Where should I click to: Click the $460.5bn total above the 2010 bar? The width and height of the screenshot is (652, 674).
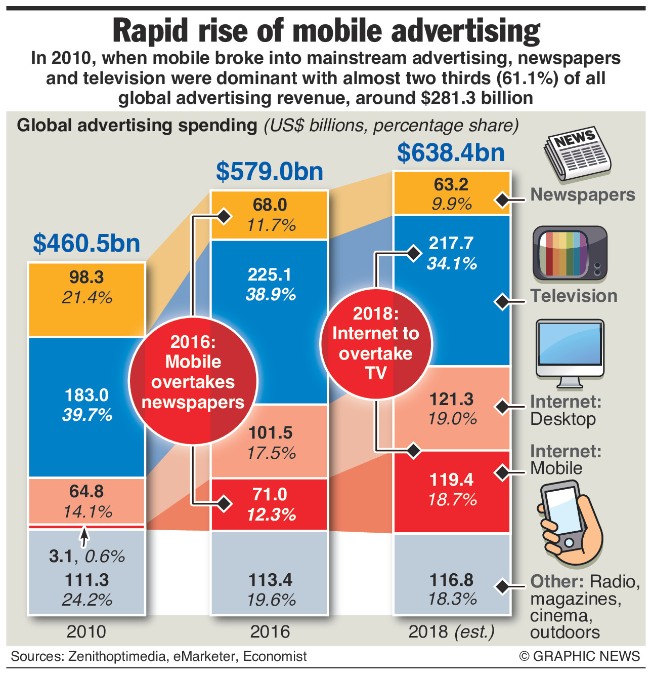[86, 244]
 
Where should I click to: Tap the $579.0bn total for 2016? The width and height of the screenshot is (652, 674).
[270, 171]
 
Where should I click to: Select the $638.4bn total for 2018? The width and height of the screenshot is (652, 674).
[451, 152]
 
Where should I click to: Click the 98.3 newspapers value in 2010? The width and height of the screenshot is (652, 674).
[86, 277]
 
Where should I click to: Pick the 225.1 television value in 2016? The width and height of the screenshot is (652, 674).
[270, 274]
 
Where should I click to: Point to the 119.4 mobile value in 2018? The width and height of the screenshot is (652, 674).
[451, 479]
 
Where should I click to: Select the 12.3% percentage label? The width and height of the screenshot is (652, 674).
[271, 515]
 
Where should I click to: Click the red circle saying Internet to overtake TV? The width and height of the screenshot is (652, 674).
[376, 343]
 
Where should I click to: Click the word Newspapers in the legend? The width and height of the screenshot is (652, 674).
[582, 195]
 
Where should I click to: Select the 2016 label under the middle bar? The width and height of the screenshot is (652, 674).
[270, 631]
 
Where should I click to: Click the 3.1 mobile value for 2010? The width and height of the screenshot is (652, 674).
[61, 557]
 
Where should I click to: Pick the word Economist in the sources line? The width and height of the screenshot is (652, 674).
[275, 657]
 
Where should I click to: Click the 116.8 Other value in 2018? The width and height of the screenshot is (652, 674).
[451, 580]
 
